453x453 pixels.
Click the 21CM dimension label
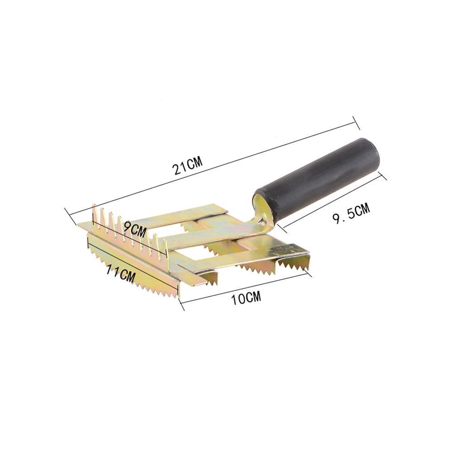click(188, 165)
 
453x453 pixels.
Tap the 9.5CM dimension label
click(352, 213)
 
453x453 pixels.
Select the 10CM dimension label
click(246, 298)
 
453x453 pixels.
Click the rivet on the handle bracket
click(262, 221)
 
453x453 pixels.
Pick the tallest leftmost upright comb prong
click(94, 213)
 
